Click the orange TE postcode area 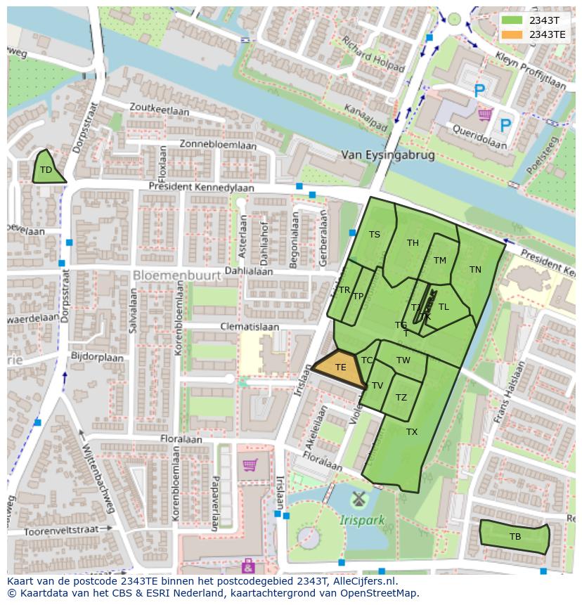pos(340,368)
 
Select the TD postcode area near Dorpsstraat pos(46,169)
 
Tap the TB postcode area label pos(515,537)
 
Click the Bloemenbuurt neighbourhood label pos(177,275)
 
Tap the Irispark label pos(362,521)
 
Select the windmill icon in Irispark pos(359,500)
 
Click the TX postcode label pos(412,431)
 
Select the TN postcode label pos(475,269)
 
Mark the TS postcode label pos(375,235)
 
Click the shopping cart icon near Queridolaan pos(484,114)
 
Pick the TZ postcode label pos(401,397)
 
